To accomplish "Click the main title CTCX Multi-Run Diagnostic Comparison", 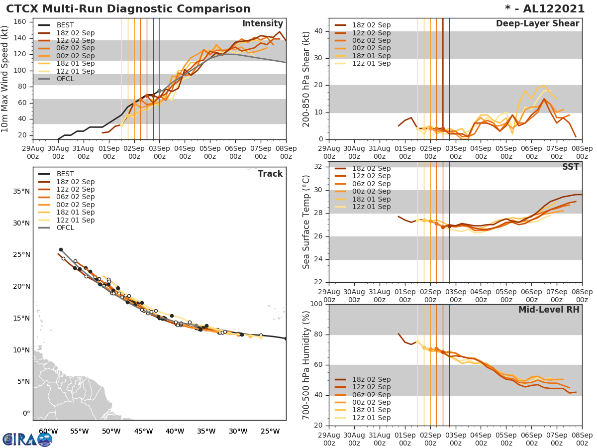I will click(128, 9).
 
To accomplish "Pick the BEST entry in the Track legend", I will click(65, 174).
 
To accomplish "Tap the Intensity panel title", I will click(262, 24).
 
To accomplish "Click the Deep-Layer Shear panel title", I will click(537, 24).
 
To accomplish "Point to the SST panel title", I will click(571, 167).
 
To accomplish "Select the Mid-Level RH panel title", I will click(549, 310).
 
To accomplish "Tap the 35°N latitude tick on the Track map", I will click(21, 192).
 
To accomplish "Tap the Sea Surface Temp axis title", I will click(306, 222).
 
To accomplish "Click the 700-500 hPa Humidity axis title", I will click(306, 364).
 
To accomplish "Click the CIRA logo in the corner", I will click(27, 439).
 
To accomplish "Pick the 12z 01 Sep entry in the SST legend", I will click(371, 207).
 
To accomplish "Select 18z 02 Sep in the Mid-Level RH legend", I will click(371, 379).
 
